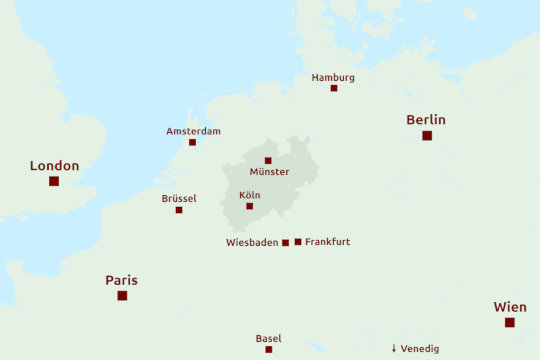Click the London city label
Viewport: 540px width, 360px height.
click(x=54, y=166)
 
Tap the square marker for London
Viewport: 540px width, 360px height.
click(x=54, y=181)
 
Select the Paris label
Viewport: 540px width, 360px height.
click(x=121, y=281)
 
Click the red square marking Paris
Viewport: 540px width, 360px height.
click(x=122, y=296)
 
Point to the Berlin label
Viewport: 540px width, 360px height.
click(x=426, y=120)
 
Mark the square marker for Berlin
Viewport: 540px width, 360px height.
click(x=427, y=135)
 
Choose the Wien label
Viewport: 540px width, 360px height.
click(x=510, y=307)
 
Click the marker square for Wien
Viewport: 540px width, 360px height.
click(x=510, y=322)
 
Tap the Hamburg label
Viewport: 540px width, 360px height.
click(x=333, y=77)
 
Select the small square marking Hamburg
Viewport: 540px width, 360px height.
click(x=334, y=88)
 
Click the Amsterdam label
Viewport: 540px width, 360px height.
click(x=193, y=131)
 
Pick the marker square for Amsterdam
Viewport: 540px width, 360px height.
click(x=193, y=142)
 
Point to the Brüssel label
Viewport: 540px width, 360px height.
click(x=179, y=198)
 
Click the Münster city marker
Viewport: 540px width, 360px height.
click(x=268, y=160)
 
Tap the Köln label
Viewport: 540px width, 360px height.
click(x=250, y=195)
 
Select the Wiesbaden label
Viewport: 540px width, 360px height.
click(x=252, y=242)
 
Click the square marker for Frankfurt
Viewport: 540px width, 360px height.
click(x=298, y=242)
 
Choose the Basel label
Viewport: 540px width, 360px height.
click(x=268, y=338)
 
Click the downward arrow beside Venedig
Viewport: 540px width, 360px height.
click(x=394, y=349)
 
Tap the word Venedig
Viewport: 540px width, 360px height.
click(x=419, y=349)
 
